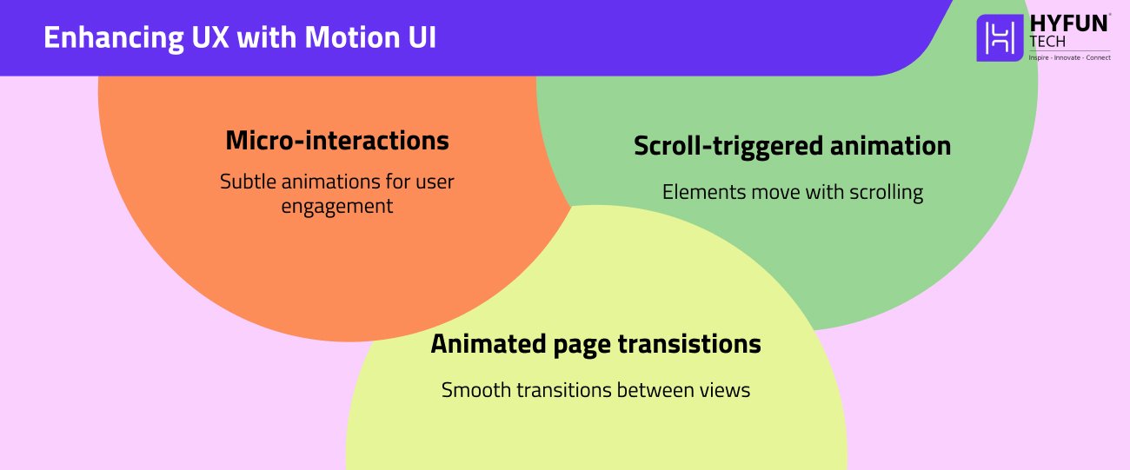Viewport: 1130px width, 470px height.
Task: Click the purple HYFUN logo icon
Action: (x=1000, y=38)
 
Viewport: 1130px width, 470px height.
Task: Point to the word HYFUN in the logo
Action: (x=1069, y=24)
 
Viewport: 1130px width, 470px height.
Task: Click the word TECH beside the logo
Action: (x=1047, y=42)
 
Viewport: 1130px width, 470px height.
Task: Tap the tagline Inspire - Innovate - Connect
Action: (x=1069, y=57)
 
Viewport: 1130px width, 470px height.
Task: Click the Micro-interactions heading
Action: (x=337, y=140)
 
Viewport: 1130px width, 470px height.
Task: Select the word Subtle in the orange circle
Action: (x=247, y=182)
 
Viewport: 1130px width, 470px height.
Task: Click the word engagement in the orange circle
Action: (x=337, y=207)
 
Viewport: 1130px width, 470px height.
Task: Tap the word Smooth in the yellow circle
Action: (x=475, y=390)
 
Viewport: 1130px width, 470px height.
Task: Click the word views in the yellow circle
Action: (x=727, y=390)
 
